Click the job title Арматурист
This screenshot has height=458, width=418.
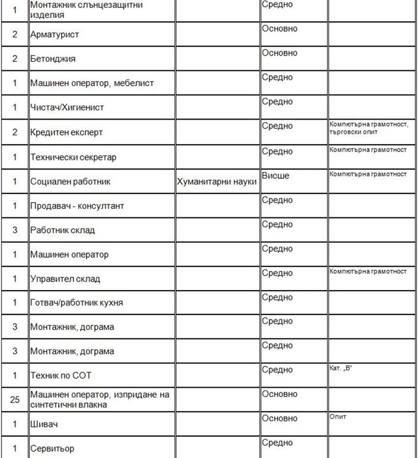tap(54, 35)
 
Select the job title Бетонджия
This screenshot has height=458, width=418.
tap(53, 59)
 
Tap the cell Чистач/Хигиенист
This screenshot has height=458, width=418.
tap(67, 107)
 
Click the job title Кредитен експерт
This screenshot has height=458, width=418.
tap(67, 133)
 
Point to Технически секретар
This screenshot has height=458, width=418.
tap(73, 158)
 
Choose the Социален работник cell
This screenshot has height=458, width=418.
tap(70, 182)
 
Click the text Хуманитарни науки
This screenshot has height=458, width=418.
tap(216, 182)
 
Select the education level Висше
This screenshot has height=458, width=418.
tap(276, 176)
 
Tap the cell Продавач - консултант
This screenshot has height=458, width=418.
tap(77, 206)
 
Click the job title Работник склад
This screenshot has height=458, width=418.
tap(62, 231)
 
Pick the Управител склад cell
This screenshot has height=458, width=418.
tap(65, 279)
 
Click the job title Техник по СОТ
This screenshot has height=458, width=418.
tap(61, 376)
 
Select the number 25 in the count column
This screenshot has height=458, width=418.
tap(15, 399)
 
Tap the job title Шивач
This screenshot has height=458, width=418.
tap(45, 424)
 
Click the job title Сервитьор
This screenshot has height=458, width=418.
tap(53, 449)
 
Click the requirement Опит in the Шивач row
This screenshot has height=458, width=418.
tap(337, 416)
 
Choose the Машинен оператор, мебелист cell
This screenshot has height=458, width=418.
tap(92, 83)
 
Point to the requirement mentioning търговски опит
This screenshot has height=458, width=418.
tap(353, 132)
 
